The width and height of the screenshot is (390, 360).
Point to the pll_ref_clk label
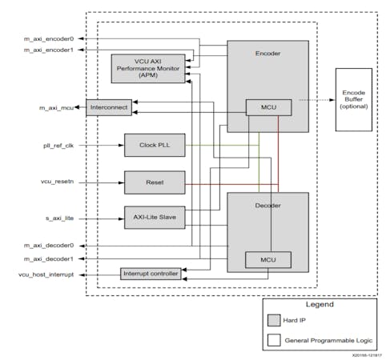pyautogui.click(x=58, y=146)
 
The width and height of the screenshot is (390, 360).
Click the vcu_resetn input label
pyautogui.click(x=58, y=182)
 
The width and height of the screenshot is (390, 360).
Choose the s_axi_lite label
pyautogui.click(x=59, y=218)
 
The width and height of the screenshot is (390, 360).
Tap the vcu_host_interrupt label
pyautogui.click(x=45, y=274)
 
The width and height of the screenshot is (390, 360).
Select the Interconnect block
pyautogui.click(x=108, y=106)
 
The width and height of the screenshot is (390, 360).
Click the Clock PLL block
pyautogui.click(x=154, y=146)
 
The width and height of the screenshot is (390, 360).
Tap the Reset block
pyautogui.click(x=154, y=182)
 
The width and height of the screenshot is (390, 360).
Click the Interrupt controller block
pyautogui.click(x=151, y=274)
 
